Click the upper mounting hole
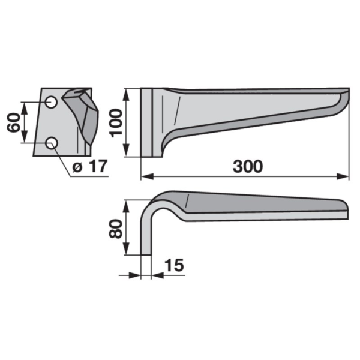[51, 102]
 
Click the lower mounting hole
[52, 143]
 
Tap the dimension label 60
[13, 122]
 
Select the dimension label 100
[116, 123]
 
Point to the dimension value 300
[248, 166]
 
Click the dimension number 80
[115, 229]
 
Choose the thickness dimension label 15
[175, 265]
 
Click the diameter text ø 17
[90, 166]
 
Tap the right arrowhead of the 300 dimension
[343, 176]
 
